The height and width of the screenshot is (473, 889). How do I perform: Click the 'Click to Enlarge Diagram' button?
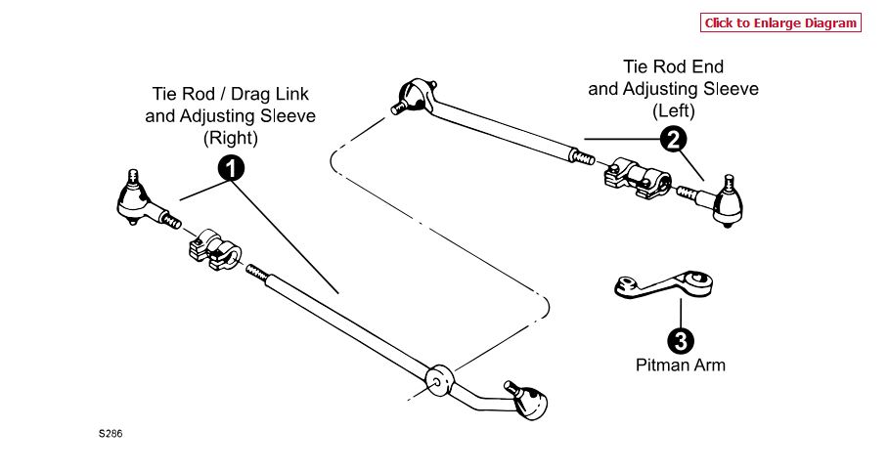(780, 23)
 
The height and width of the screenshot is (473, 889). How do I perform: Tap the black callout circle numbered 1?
(231, 169)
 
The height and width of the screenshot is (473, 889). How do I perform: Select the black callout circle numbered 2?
(672, 140)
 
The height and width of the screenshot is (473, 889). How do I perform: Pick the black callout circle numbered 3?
(681, 340)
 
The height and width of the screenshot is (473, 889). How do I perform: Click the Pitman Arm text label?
(681, 365)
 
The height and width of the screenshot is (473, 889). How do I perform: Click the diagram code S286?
(110, 432)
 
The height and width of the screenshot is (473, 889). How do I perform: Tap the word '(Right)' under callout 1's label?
(231, 138)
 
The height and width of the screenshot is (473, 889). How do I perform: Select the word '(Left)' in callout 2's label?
(673, 109)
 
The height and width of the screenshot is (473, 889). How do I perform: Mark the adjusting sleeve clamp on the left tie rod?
(636, 179)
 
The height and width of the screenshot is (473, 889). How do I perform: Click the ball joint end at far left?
(136, 200)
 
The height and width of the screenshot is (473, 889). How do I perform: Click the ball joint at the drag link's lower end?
(529, 399)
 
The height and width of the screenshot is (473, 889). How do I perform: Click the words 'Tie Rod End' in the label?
(673, 67)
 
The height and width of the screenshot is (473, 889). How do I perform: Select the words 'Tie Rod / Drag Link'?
(231, 95)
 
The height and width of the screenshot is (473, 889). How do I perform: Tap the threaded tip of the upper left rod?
(582, 154)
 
